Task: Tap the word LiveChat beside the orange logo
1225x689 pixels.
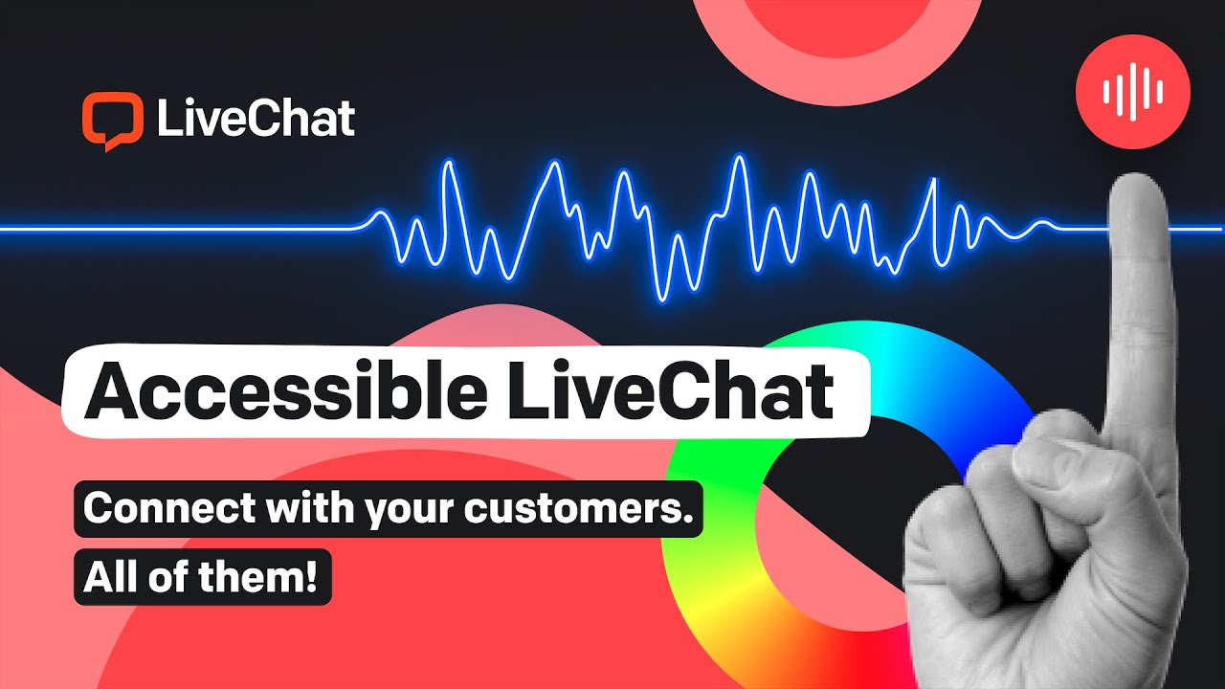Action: point(255,120)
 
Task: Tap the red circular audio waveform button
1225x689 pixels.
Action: point(1133,93)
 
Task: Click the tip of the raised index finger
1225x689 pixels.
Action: point(1137,191)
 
